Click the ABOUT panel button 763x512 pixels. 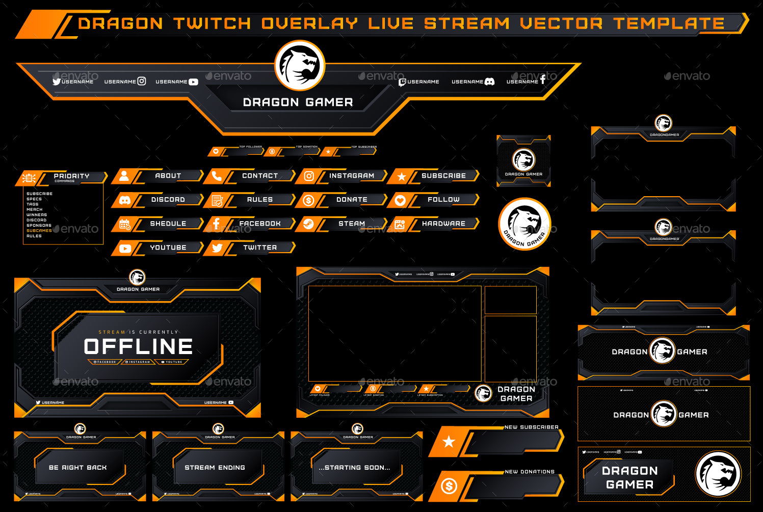pos(168,176)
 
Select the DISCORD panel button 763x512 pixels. pos(168,200)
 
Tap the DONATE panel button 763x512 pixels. pos(351,200)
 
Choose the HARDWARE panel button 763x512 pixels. pos(443,224)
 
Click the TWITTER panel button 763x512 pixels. pos(259,248)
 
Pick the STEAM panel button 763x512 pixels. pos(351,224)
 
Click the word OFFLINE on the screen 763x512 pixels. pos(138,347)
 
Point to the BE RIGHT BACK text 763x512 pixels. pos(78,467)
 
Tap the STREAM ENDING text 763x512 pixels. pos(215,467)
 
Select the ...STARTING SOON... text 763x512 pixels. pos(354,467)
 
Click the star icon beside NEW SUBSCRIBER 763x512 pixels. pos(449,442)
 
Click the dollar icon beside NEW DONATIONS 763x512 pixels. pos(449,486)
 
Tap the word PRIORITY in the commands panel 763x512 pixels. pos(71,176)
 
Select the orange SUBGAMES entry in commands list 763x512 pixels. pos(39,231)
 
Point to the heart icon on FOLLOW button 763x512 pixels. pos(400,200)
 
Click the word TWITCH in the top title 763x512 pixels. pos(212,23)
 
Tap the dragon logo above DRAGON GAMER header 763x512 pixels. pos(300,66)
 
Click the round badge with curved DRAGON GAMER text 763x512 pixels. pos(524,224)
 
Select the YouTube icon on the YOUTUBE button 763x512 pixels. pos(125,249)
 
